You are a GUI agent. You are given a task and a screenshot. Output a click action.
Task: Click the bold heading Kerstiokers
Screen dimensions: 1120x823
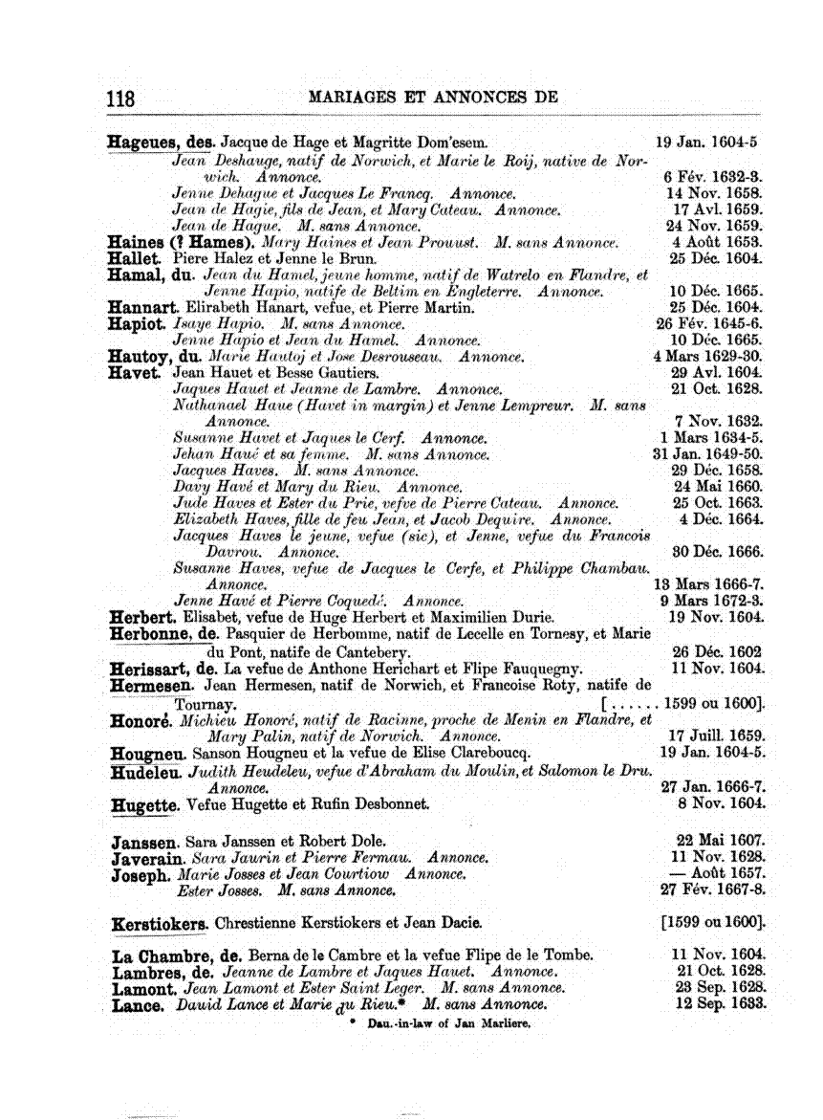[161, 925]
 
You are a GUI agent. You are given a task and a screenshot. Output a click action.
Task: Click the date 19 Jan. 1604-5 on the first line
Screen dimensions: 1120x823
[709, 143]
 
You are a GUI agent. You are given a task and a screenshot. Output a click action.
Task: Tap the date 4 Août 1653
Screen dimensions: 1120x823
[716, 242]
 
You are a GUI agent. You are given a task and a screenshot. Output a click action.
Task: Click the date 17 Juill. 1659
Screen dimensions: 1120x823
[716, 736]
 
